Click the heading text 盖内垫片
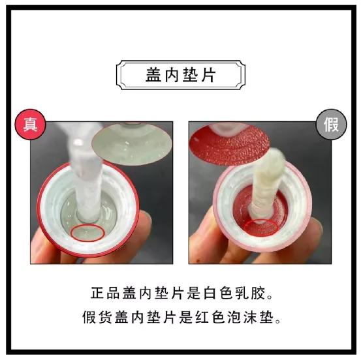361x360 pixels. coord(180,75)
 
